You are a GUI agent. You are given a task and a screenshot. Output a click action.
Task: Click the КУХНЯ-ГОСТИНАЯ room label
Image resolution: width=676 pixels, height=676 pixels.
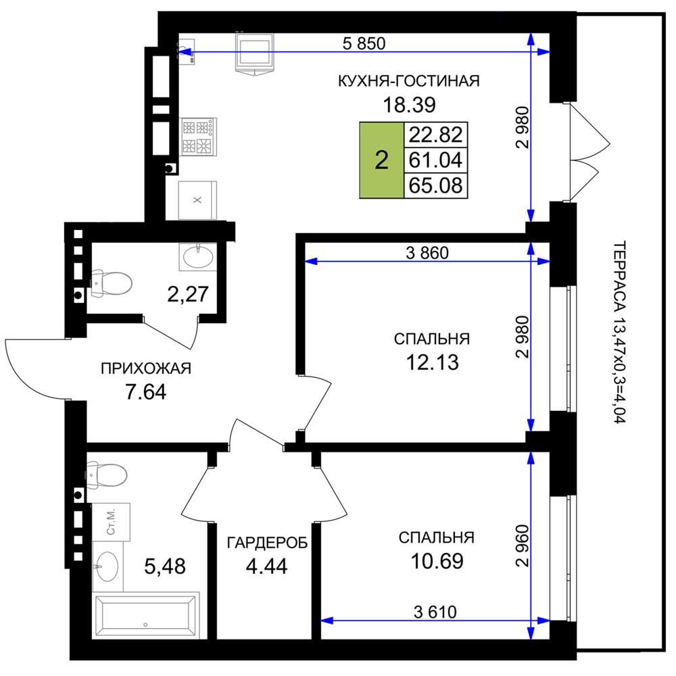click(408, 80)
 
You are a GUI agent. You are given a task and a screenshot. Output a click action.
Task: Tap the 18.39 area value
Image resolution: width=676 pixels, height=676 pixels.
click(409, 105)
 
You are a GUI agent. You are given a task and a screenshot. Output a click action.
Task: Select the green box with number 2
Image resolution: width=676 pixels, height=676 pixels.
click(381, 160)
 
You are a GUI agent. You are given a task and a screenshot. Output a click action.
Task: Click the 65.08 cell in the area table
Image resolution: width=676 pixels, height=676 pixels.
click(435, 185)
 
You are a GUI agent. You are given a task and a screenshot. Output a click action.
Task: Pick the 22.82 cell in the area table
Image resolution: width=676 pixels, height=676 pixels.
click(435, 135)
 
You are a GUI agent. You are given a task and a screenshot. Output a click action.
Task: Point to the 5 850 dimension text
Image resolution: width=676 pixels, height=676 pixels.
click(364, 43)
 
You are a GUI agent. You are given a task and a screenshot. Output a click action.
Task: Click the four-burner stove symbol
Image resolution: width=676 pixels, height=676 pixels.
click(198, 137)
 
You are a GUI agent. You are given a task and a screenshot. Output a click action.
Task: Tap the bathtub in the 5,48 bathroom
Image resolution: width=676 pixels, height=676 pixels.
click(146, 615)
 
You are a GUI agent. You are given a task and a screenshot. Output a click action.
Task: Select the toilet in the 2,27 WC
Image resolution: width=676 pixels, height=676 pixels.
click(112, 284)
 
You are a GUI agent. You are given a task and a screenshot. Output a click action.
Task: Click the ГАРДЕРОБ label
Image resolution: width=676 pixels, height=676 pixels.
click(267, 542)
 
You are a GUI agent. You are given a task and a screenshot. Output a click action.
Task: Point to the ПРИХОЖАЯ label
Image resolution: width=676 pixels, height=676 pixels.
click(146, 368)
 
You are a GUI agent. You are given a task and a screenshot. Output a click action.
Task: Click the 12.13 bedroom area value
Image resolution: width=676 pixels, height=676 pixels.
click(433, 362)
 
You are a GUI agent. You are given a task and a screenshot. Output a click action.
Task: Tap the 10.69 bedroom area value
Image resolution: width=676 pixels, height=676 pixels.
click(437, 561)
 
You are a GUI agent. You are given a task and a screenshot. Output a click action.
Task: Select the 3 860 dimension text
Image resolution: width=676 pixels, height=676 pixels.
click(427, 253)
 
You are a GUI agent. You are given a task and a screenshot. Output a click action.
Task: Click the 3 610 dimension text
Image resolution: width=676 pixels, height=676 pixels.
click(435, 612)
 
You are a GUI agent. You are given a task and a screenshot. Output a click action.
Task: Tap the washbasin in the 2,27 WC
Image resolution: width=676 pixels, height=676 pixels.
click(198, 257)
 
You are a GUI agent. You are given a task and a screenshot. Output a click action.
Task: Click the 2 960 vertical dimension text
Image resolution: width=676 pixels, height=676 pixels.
click(522, 546)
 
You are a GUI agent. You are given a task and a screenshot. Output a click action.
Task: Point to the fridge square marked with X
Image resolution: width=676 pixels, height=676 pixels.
click(197, 201)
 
